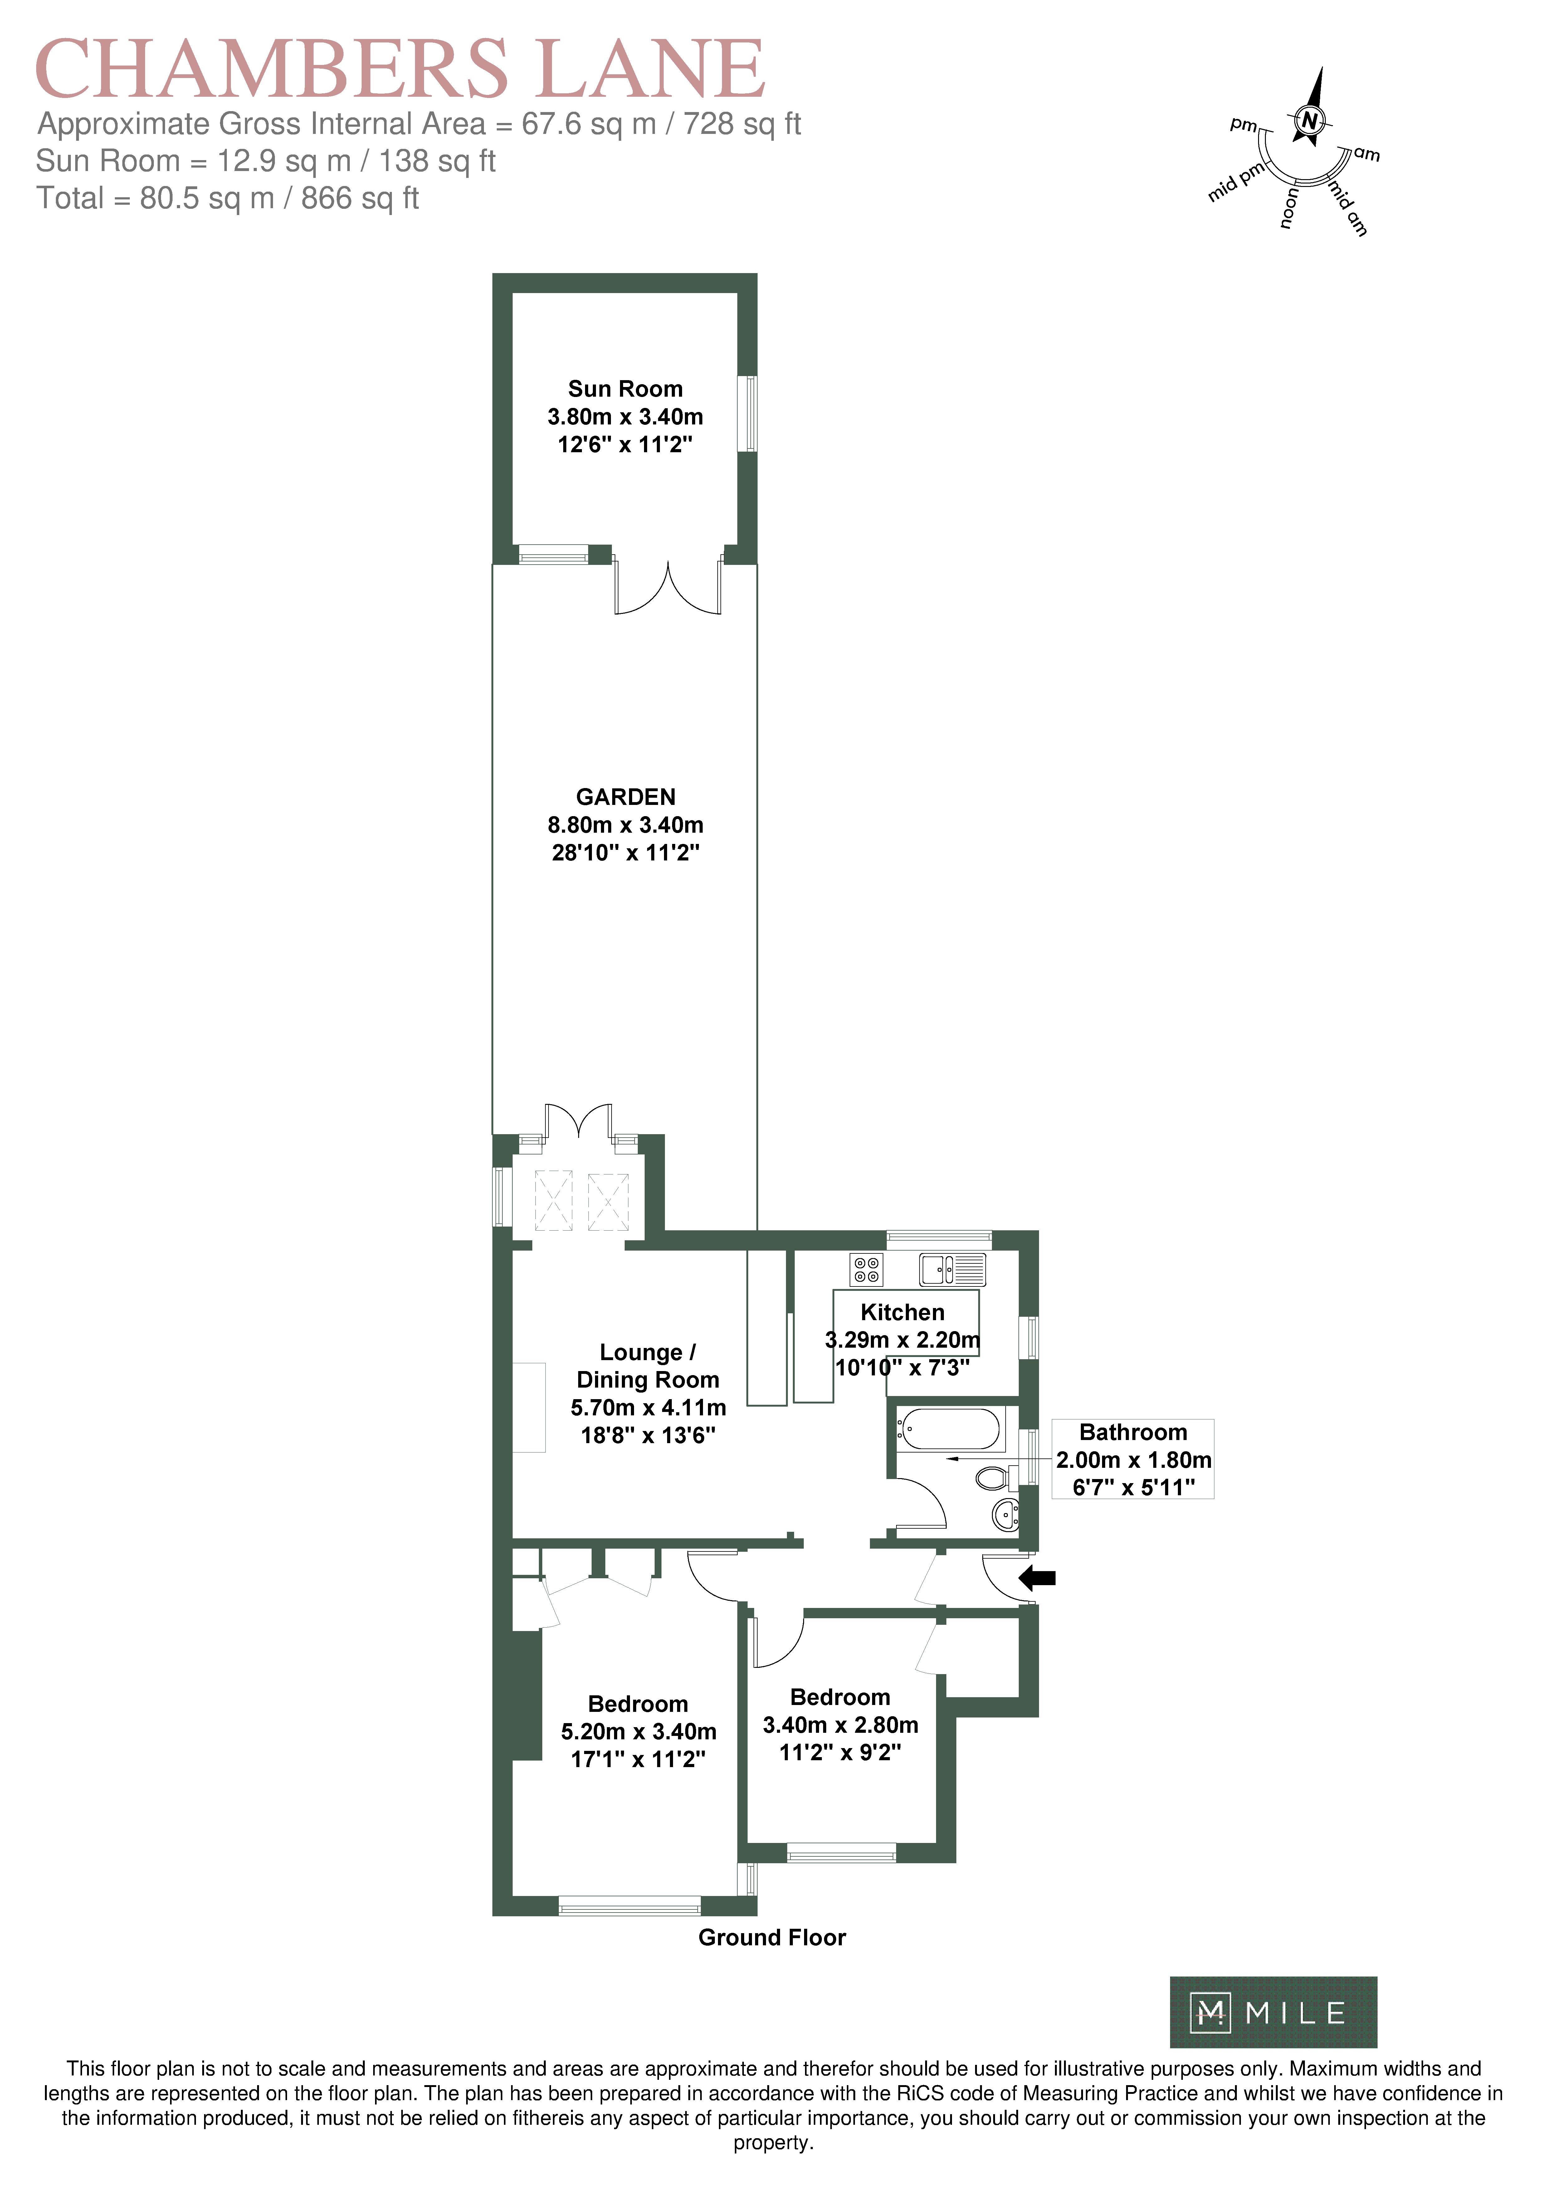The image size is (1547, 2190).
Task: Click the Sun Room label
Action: tap(626, 389)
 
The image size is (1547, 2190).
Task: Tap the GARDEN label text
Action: tap(626, 797)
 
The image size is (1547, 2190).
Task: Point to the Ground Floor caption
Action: tap(773, 1937)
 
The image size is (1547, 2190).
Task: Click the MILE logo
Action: tap(1273, 2013)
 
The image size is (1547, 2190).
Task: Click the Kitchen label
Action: tap(902, 1312)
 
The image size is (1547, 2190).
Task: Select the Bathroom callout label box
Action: tap(1133, 1459)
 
